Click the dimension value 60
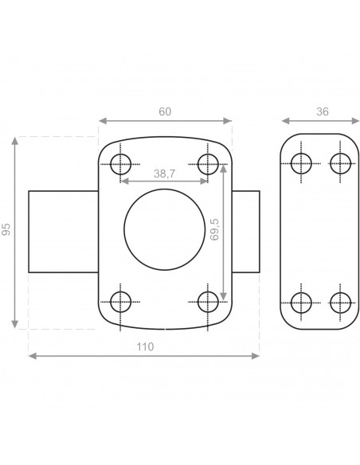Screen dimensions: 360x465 point(165,111)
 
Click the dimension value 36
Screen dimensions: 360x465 point(323,111)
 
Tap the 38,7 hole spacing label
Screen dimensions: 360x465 point(164,174)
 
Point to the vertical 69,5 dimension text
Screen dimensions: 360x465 point(214,229)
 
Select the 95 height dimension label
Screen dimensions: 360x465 point(6,229)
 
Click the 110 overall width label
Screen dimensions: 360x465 point(145,346)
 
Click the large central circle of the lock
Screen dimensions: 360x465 point(124,229)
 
